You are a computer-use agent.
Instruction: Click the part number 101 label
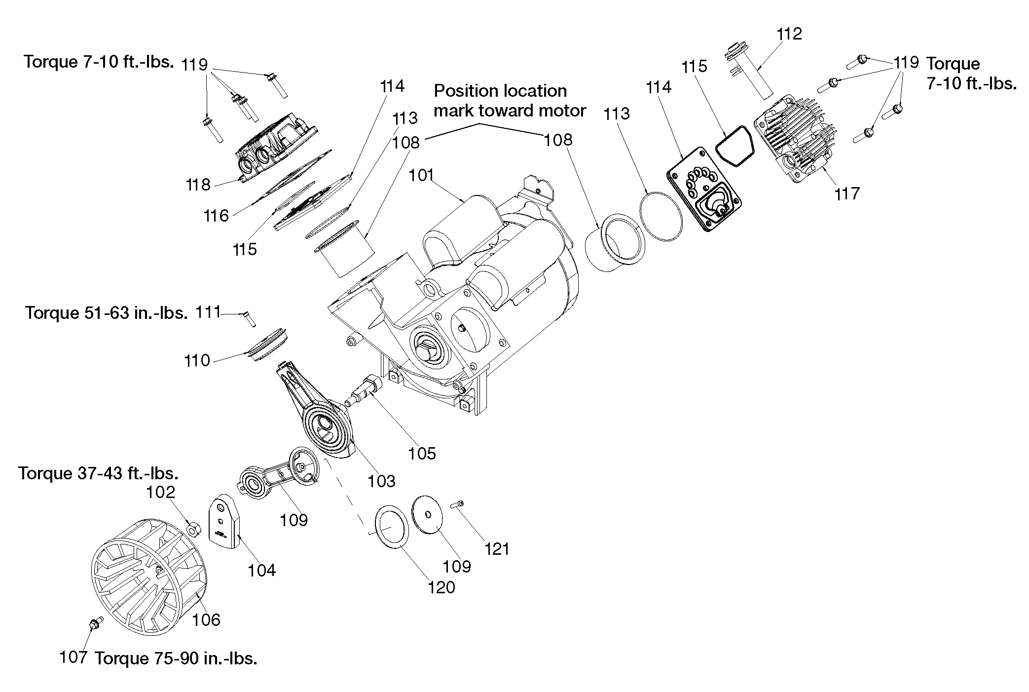421,176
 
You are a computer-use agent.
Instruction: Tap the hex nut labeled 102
194,529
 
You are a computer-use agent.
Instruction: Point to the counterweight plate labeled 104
223,521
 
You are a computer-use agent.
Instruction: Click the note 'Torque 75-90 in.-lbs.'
176,658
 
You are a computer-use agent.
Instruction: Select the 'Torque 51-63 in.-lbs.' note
107,313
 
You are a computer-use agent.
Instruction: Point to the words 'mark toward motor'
510,111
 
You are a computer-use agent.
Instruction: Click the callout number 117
847,193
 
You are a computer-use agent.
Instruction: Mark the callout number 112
789,34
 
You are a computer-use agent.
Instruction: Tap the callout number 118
198,185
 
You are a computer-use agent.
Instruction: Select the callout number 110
197,361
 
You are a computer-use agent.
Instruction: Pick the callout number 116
217,216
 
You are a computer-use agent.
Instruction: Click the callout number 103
382,481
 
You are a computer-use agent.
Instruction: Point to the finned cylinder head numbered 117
794,141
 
